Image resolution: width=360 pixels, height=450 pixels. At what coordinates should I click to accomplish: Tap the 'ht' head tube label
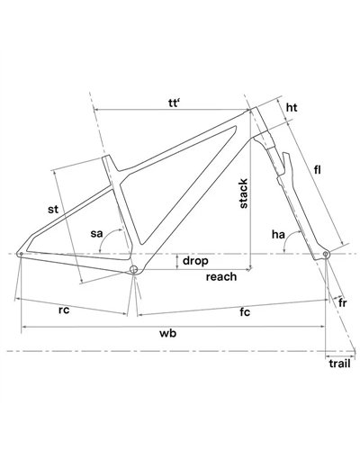pyautogui.click(x=292, y=107)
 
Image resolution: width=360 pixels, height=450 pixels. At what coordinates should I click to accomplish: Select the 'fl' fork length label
pyautogui.click(x=318, y=170)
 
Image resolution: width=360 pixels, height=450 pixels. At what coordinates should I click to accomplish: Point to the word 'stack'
pyautogui.click(x=244, y=193)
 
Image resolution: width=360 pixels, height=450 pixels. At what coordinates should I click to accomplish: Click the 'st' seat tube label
pyautogui.click(x=53, y=209)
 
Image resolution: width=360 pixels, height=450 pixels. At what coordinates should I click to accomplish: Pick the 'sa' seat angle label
pyautogui.click(x=96, y=233)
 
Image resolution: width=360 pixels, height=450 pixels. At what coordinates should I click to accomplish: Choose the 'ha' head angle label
pyautogui.click(x=278, y=234)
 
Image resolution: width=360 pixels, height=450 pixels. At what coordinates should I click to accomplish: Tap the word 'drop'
pyautogui.click(x=195, y=261)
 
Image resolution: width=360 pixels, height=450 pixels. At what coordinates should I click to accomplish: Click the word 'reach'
pyautogui.click(x=221, y=276)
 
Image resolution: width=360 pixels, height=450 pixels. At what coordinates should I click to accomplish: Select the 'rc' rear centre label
pyautogui.click(x=64, y=310)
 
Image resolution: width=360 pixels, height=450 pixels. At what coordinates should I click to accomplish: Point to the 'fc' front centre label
pyautogui.click(x=245, y=312)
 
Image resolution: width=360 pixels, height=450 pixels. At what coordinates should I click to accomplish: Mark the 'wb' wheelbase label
pyautogui.click(x=167, y=333)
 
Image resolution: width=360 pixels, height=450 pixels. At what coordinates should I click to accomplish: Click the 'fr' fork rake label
pyautogui.click(x=343, y=303)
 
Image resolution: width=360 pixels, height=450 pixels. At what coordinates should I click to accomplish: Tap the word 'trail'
pyautogui.click(x=339, y=364)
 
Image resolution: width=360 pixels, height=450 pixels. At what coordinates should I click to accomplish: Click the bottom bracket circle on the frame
pyautogui.click(x=134, y=269)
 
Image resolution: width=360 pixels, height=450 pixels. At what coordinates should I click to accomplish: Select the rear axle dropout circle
pyautogui.click(x=21, y=255)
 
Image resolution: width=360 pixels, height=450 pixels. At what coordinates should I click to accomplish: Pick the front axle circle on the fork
pyautogui.click(x=326, y=255)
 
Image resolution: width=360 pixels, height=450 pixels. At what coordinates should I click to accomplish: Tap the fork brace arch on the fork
pyautogui.click(x=288, y=165)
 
